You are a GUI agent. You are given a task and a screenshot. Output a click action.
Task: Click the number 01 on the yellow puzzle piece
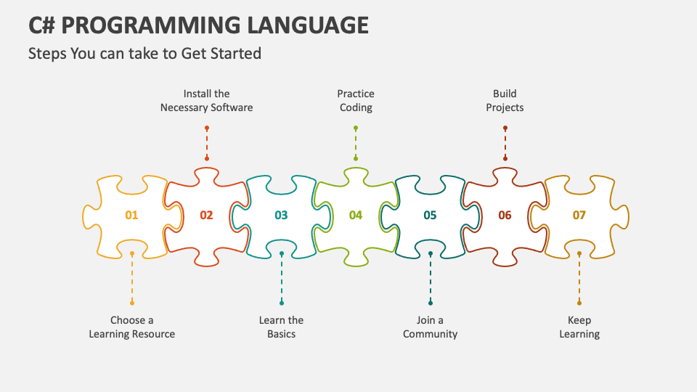tap(131, 215)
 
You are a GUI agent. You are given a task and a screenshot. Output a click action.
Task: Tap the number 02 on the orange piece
tap(207, 215)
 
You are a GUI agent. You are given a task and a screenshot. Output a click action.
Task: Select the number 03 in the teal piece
tap(281, 215)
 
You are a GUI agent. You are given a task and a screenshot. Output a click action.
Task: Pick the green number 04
tap(356, 215)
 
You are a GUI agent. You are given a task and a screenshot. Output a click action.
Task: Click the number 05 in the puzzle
tap(430, 215)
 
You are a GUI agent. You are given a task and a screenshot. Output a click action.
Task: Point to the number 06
tap(505, 215)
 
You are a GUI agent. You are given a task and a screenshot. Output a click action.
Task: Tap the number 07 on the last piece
tap(579, 215)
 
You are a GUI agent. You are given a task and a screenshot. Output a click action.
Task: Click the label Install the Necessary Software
tap(207, 100)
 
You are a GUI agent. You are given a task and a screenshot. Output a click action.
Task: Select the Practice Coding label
tap(356, 100)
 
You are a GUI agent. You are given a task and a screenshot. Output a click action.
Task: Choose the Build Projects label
tap(505, 100)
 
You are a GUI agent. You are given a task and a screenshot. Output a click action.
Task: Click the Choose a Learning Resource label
tap(132, 327)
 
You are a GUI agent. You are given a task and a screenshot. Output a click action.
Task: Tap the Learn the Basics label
tap(281, 327)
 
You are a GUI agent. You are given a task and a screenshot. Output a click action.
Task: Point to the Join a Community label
tap(431, 327)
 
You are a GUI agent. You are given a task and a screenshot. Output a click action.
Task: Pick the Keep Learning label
tap(579, 327)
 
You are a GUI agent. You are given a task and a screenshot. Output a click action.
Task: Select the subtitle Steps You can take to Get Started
tap(144, 53)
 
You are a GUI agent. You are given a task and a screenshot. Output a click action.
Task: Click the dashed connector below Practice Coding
tap(356, 143)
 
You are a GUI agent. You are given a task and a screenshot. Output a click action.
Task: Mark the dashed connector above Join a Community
tap(431, 278)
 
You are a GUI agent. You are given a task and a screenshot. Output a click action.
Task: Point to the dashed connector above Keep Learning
tap(579, 278)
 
